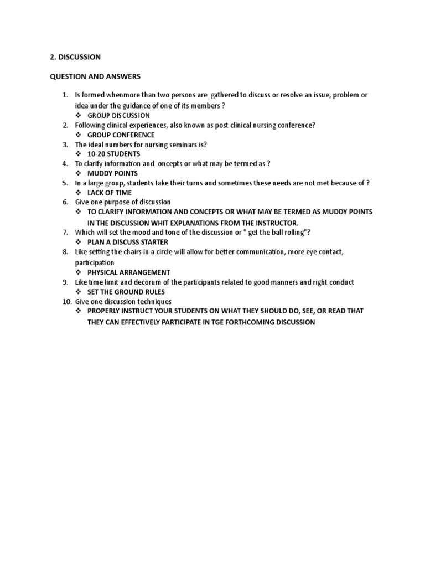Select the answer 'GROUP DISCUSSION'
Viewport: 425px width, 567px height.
pyautogui.click(x=118, y=116)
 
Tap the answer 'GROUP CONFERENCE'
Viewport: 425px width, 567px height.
pyautogui.click(x=121, y=135)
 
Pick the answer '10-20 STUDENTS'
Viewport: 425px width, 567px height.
pyautogui.click(x=113, y=154)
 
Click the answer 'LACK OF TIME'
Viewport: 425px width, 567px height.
pyautogui.click(x=110, y=193)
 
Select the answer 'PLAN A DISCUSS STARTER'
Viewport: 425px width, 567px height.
pyautogui.click(x=127, y=243)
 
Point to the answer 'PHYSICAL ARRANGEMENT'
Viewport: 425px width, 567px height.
pyautogui.click(x=128, y=272)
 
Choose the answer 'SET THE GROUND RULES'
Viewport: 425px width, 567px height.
pyautogui.click(x=126, y=292)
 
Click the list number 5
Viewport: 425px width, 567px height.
pyautogui.click(x=65, y=183)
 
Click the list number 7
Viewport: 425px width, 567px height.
pyautogui.click(x=65, y=231)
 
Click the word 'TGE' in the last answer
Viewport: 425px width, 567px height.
pyautogui.click(x=219, y=322)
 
